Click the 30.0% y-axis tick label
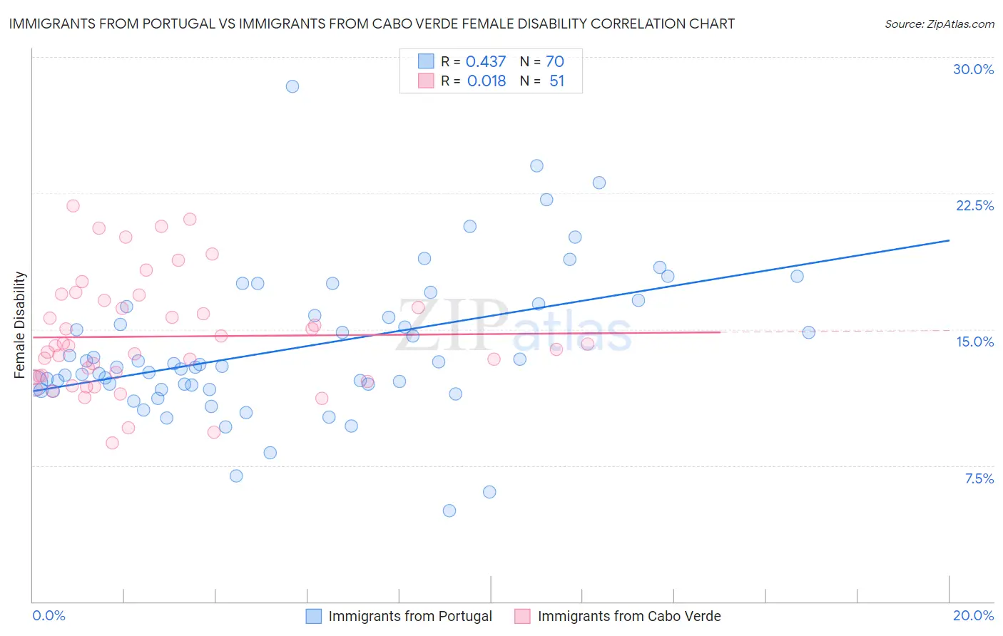[x=973, y=69]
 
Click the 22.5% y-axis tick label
[x=974, y=205]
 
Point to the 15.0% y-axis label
[x=974, y=342]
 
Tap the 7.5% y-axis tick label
[x=979, y=478]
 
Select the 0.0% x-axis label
[x=49, y=615]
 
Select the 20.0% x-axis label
[x=973, y=615]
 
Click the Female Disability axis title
[x=20, y=325]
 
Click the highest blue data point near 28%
[x=292, y=86]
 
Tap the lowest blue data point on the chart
[x=449, y=511]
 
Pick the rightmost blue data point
[x=808, y=332]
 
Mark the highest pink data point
[x=73, y=206]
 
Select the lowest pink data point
[x=112, y=443]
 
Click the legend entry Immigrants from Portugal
[x=409, y=616]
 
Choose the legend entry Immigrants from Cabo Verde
[x=628, y=616]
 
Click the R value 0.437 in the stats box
[x=485, y=62]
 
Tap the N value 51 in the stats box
[x=556, y=81]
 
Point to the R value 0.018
[x=486, y=81]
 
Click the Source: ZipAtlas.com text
[x=939, y=24]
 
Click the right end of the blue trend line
[x=949, y=240]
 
